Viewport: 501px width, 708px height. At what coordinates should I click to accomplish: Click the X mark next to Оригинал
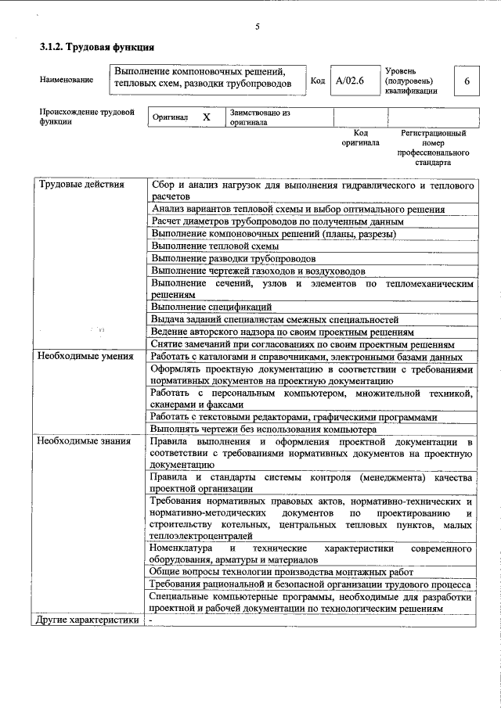click(207, 117)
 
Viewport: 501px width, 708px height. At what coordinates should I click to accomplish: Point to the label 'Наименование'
click(66, 80)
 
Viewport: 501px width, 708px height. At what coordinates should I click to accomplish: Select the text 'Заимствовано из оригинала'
click(259, 117)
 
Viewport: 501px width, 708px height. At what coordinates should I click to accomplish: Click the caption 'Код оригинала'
click(360, 138)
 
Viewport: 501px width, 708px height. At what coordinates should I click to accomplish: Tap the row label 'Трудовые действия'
click(81, 185)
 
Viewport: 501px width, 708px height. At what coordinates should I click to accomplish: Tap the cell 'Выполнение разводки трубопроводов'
click(233, 258)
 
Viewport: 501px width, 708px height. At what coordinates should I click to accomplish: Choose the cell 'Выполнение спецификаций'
click(211, 307)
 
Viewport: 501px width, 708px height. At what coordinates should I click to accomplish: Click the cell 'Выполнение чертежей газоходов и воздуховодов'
click(258, 271)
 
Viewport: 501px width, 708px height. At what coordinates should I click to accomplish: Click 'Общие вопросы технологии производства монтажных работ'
click(282, 572)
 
